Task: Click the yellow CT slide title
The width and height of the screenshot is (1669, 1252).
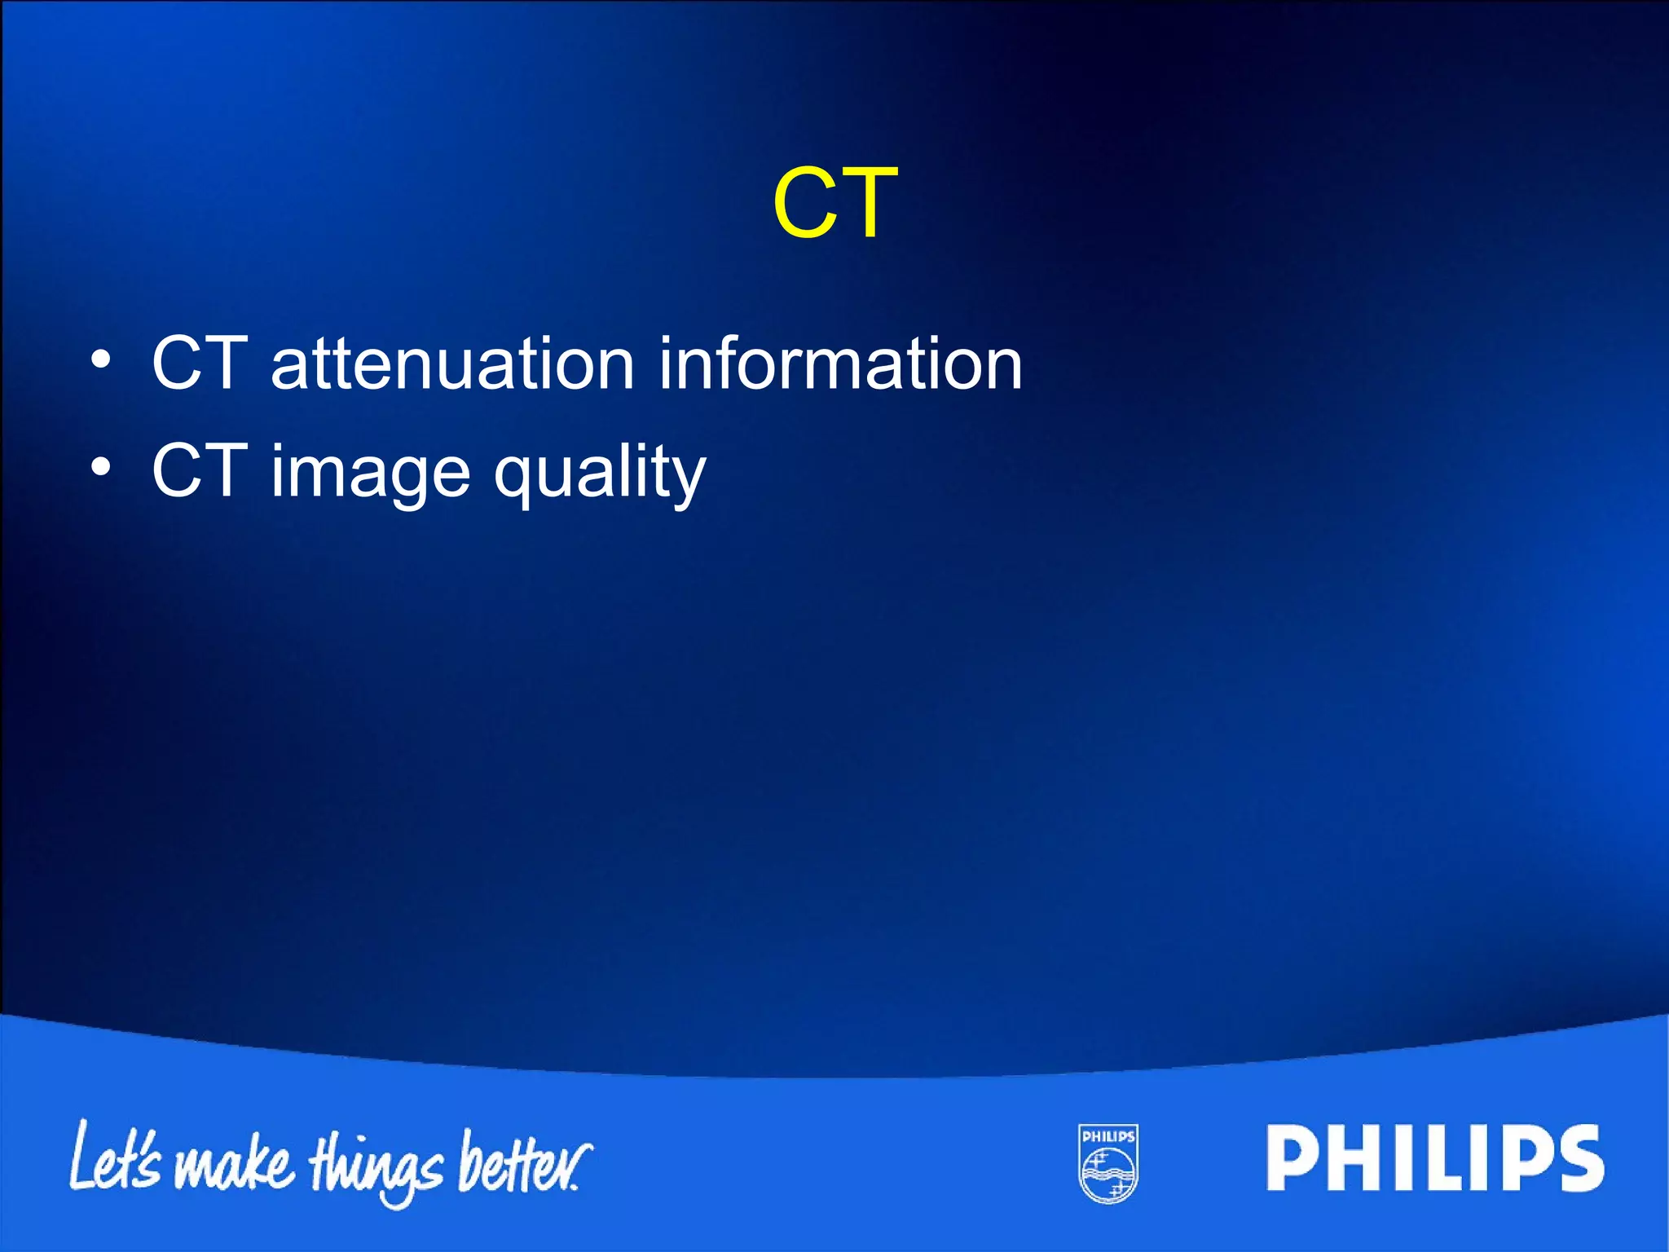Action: [x=835, y=203]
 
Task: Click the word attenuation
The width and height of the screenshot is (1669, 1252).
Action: [x=452, y=364]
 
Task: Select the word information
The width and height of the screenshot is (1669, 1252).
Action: [x=839, y=364]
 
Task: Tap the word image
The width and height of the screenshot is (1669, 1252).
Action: [x=370, y=473]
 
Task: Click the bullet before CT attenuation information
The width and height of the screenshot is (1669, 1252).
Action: [x=100, y=359]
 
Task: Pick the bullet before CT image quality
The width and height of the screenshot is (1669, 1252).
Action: [x=100, y=467]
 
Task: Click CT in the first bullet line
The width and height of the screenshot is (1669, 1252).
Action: [x=200, y=364]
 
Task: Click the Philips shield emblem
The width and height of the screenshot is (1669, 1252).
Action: [x=1108, y=1163]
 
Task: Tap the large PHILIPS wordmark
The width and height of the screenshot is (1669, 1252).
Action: [x=1435, y=1158]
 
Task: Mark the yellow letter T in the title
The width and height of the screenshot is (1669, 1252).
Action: [x=867, y=203]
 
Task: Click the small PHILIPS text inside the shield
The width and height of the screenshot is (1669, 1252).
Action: [x=1108, y=1136]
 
